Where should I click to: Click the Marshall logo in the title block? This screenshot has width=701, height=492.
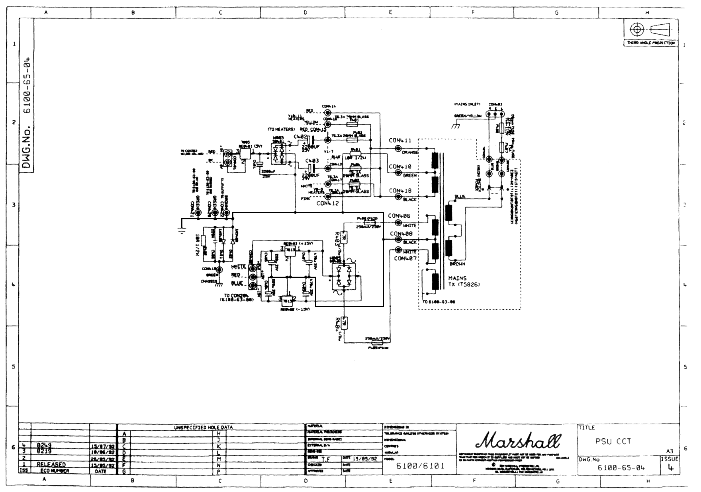point(518,441)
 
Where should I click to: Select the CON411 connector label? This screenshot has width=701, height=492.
point(400,141)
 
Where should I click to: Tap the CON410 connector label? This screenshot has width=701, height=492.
point(400,166)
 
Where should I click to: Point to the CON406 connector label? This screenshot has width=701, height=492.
point(399,216)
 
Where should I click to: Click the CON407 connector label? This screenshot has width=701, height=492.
point(405,258)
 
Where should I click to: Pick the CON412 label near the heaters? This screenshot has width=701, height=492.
point(327,203)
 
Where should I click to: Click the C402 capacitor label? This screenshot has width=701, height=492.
point(301,137)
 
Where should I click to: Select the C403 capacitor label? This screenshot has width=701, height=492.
point(312,161)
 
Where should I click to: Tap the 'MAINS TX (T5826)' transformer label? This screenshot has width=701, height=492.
point(464,281)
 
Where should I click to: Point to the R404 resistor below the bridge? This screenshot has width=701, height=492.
point(345,323)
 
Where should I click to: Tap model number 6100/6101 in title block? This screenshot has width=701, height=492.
point(420,466)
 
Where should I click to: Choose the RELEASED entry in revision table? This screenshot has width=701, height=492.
point(51,465)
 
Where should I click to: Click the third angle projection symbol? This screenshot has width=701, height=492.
point(650,29)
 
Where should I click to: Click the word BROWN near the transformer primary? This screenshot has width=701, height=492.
point(457,264)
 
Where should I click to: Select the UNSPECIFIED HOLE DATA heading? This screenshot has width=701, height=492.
point(203,428)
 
